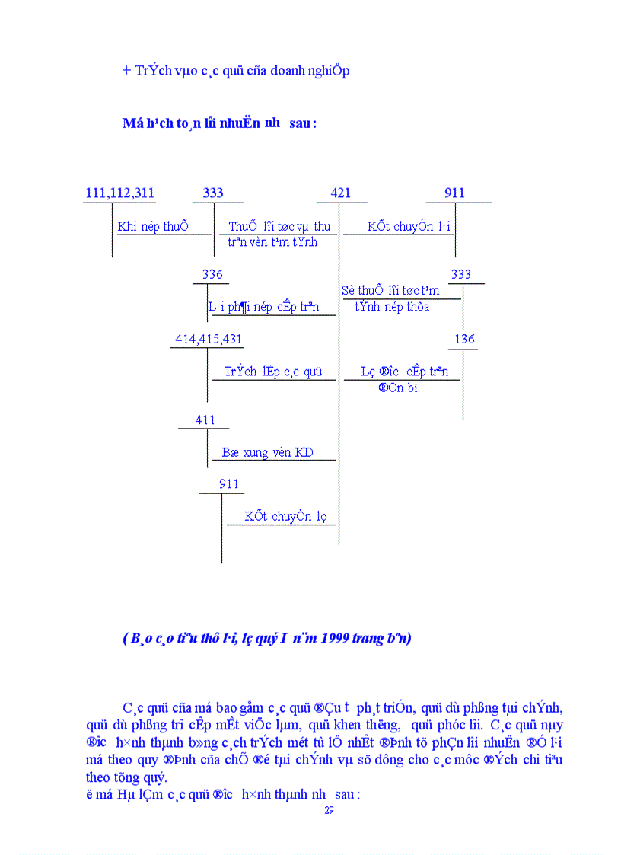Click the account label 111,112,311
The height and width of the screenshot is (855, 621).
point(119,193)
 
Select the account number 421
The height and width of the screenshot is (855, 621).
point(341,193)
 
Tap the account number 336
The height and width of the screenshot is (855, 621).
point(212,274)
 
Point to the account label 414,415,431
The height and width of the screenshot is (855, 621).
point(209,340)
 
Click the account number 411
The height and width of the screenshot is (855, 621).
point(205,420)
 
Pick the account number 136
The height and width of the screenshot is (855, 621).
point(464,340)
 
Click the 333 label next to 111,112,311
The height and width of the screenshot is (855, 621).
point(213,193)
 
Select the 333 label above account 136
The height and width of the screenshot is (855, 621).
point(461,274)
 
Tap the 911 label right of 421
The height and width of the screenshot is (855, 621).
point(454,193)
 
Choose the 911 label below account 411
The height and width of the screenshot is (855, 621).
point(228,484)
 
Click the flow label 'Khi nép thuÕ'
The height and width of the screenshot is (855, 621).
point(153,226)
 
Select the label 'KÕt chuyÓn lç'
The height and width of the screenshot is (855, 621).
point(285,516)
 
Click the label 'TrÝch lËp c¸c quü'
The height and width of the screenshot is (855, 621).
point(273,372)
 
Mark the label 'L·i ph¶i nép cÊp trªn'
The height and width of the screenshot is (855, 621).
point(263,307)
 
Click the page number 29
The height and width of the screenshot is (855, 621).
point(329,810)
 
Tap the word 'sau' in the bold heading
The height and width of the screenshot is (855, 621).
point(299,123)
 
